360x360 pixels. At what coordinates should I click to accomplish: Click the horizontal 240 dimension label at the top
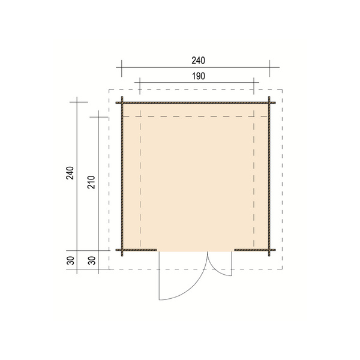(x=198, y=60)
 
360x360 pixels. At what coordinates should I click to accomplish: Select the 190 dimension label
(x=198, y=76)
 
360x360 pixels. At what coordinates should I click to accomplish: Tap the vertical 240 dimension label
(x=70, y=173)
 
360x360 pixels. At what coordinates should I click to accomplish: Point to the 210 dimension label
(x=92, y=182)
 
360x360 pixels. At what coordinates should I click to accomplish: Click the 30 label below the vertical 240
(x=70, y=260)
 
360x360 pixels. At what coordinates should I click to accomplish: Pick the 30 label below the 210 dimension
(x=92, y=260)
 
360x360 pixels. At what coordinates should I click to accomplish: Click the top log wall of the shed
(x=196, y=102)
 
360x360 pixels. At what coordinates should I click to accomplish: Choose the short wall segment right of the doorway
(x=252, y=250)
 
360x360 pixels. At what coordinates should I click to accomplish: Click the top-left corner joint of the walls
(x=122, y=102)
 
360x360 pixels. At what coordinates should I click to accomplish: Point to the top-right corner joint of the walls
(x=271, y=102)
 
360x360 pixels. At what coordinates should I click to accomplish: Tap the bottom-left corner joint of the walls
(x=122, y=250)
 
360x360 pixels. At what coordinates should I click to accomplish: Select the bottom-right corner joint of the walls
(x=271, y=250)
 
